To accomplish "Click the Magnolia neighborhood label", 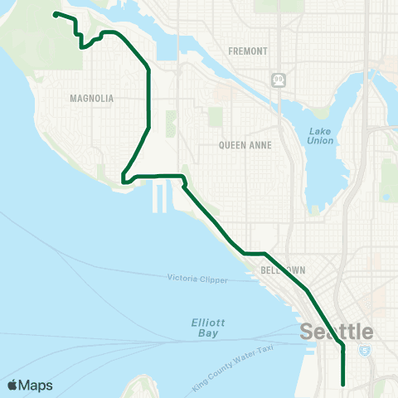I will coord(92,98).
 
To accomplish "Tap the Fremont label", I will coord(249,51).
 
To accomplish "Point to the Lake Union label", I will coord(320,136).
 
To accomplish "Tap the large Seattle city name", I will coord(336,332).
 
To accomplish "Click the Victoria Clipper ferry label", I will coord(197,279).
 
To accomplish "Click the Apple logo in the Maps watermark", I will coord(13,385).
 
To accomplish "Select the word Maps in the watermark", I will coord(36,385).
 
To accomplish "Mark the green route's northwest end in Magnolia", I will coord(55,14).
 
